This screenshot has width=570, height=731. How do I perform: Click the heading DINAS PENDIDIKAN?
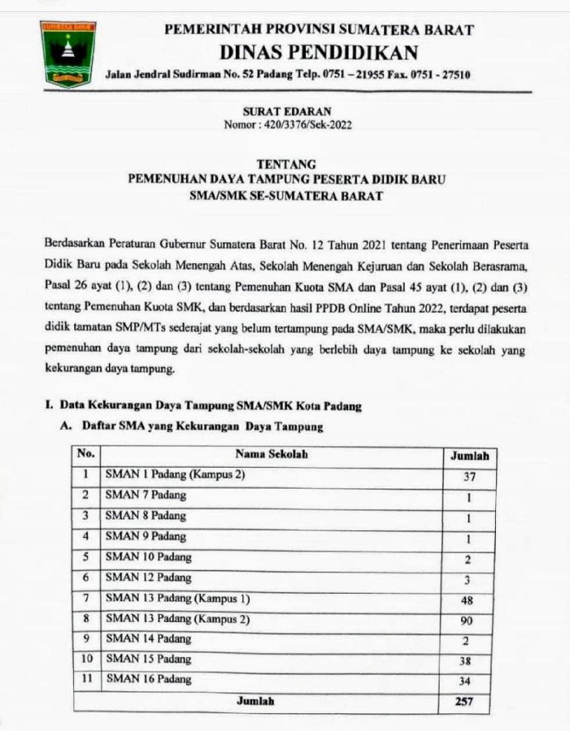point(319,53)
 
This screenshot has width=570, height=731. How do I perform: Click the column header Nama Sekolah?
point(271,454)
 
